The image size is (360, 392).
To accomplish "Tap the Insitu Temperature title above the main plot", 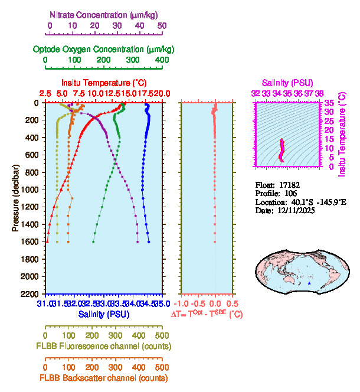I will (x=104, y=83).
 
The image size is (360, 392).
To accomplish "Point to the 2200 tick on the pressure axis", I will (x=31, y=293).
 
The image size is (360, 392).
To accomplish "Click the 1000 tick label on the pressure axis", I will (x=31, y=190).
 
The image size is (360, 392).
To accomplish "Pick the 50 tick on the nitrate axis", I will (x=162, y=26).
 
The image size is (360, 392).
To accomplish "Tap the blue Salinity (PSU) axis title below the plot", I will (x=104, y=315).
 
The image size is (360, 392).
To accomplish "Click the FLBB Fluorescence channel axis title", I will (x=104, y=346).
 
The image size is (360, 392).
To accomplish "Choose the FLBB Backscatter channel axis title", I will (x=104, y=378).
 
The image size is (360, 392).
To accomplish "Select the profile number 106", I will (x=289, y=193).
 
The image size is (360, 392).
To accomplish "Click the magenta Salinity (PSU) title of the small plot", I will (x=287, y=83).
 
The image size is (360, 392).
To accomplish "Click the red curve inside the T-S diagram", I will (x=282, y=150).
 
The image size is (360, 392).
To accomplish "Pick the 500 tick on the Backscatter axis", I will (x=162, y=367).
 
